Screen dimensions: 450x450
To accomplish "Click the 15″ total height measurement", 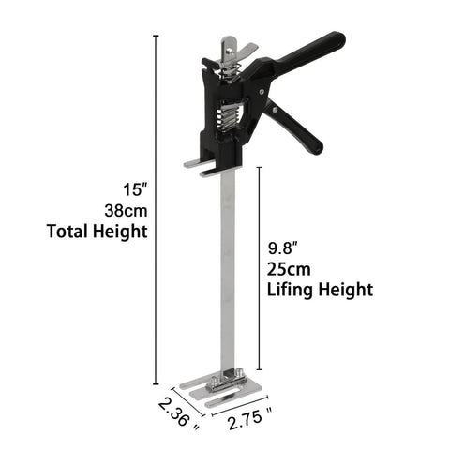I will pyautogui.click(x=122, y=185).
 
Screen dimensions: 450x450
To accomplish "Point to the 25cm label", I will pyautogui.click(x=287, y=268).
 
